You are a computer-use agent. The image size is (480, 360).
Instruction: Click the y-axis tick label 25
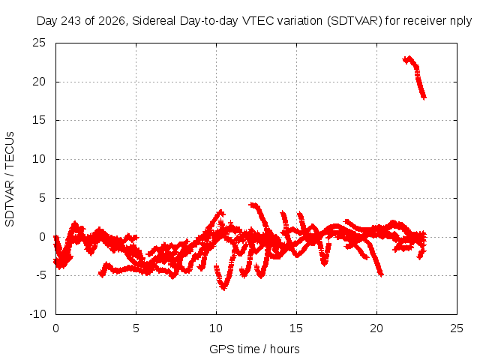coord(39,43)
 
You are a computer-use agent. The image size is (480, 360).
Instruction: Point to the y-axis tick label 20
coord(39,82)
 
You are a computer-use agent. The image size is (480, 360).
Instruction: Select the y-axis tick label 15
coord(39,120)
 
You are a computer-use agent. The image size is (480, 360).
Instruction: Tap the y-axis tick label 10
coord(39,159)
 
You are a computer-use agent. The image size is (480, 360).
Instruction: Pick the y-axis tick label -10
coord(37,314)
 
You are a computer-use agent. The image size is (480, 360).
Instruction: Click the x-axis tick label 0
coord(55,328)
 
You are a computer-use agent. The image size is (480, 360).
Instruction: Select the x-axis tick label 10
coord(216,328)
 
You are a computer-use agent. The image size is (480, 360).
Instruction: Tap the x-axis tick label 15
coord(296,328)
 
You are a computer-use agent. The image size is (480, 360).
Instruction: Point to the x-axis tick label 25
coord(457,328)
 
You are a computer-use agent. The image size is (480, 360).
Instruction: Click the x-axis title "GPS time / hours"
coord(254,349)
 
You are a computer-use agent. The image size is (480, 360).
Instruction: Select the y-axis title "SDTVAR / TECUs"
coord(10,179)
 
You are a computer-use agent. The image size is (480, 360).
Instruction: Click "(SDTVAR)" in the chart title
coord(355,21)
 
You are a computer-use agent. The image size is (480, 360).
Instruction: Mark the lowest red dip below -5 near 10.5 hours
coord(223,288)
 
